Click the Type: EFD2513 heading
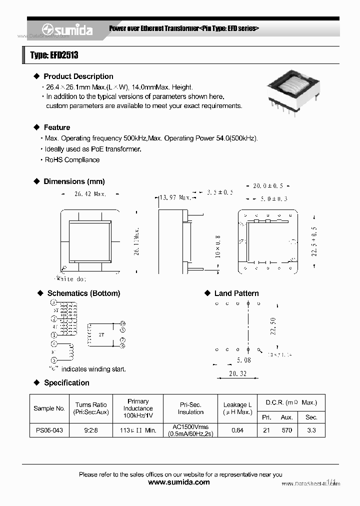(54, 55)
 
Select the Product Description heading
(78, 76)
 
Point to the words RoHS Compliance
(72, 160)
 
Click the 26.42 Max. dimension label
(90, 194)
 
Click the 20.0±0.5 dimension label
(268, 186)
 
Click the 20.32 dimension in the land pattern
(237, 373)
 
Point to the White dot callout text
(70, 279)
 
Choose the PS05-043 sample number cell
(49, 430)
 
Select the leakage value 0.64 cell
(237, 430)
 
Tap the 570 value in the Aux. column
(286, 430)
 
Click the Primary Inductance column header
(138, 408)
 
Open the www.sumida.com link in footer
(179, 482)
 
